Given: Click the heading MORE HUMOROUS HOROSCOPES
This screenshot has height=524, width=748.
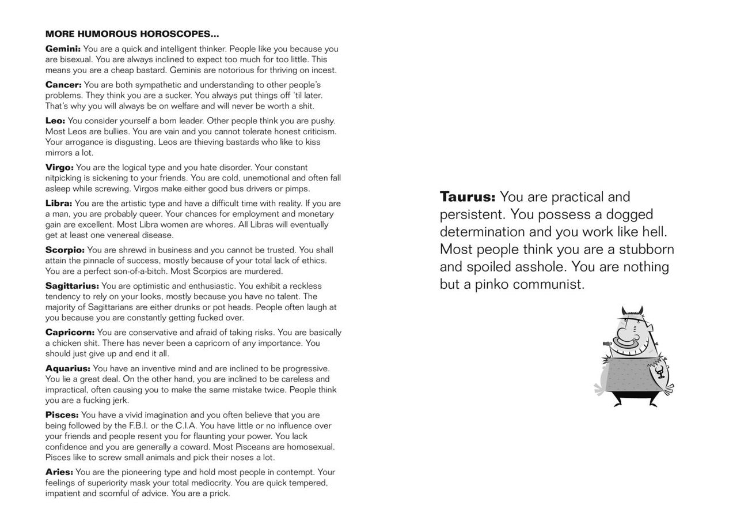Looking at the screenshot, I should tap(132, 35).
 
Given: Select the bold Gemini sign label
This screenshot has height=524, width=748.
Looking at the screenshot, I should tap(63, 49).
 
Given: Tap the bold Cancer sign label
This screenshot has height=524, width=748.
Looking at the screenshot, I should tap(63, 85).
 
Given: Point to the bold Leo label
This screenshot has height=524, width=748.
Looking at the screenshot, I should tap(55, 121).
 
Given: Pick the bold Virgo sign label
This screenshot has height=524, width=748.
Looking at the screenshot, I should tap(59, 168).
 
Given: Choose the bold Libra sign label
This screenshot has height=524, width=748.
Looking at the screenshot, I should tap(59, 203).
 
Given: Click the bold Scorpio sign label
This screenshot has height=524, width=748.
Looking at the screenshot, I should tap(65, 250).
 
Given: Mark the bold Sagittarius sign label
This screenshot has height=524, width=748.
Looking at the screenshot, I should tap(72, 286).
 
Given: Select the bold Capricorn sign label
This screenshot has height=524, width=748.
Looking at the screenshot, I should tap(70, 333).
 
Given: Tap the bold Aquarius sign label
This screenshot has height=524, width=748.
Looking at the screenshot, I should tap(68, 368).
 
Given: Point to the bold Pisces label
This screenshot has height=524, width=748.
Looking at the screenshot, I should tap(62, 415).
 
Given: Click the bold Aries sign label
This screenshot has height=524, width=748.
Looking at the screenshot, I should tap(59, 472).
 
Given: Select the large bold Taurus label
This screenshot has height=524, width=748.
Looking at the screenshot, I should tap(467, 197).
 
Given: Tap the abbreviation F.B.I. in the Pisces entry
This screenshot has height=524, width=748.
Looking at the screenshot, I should tap(142, 426).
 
